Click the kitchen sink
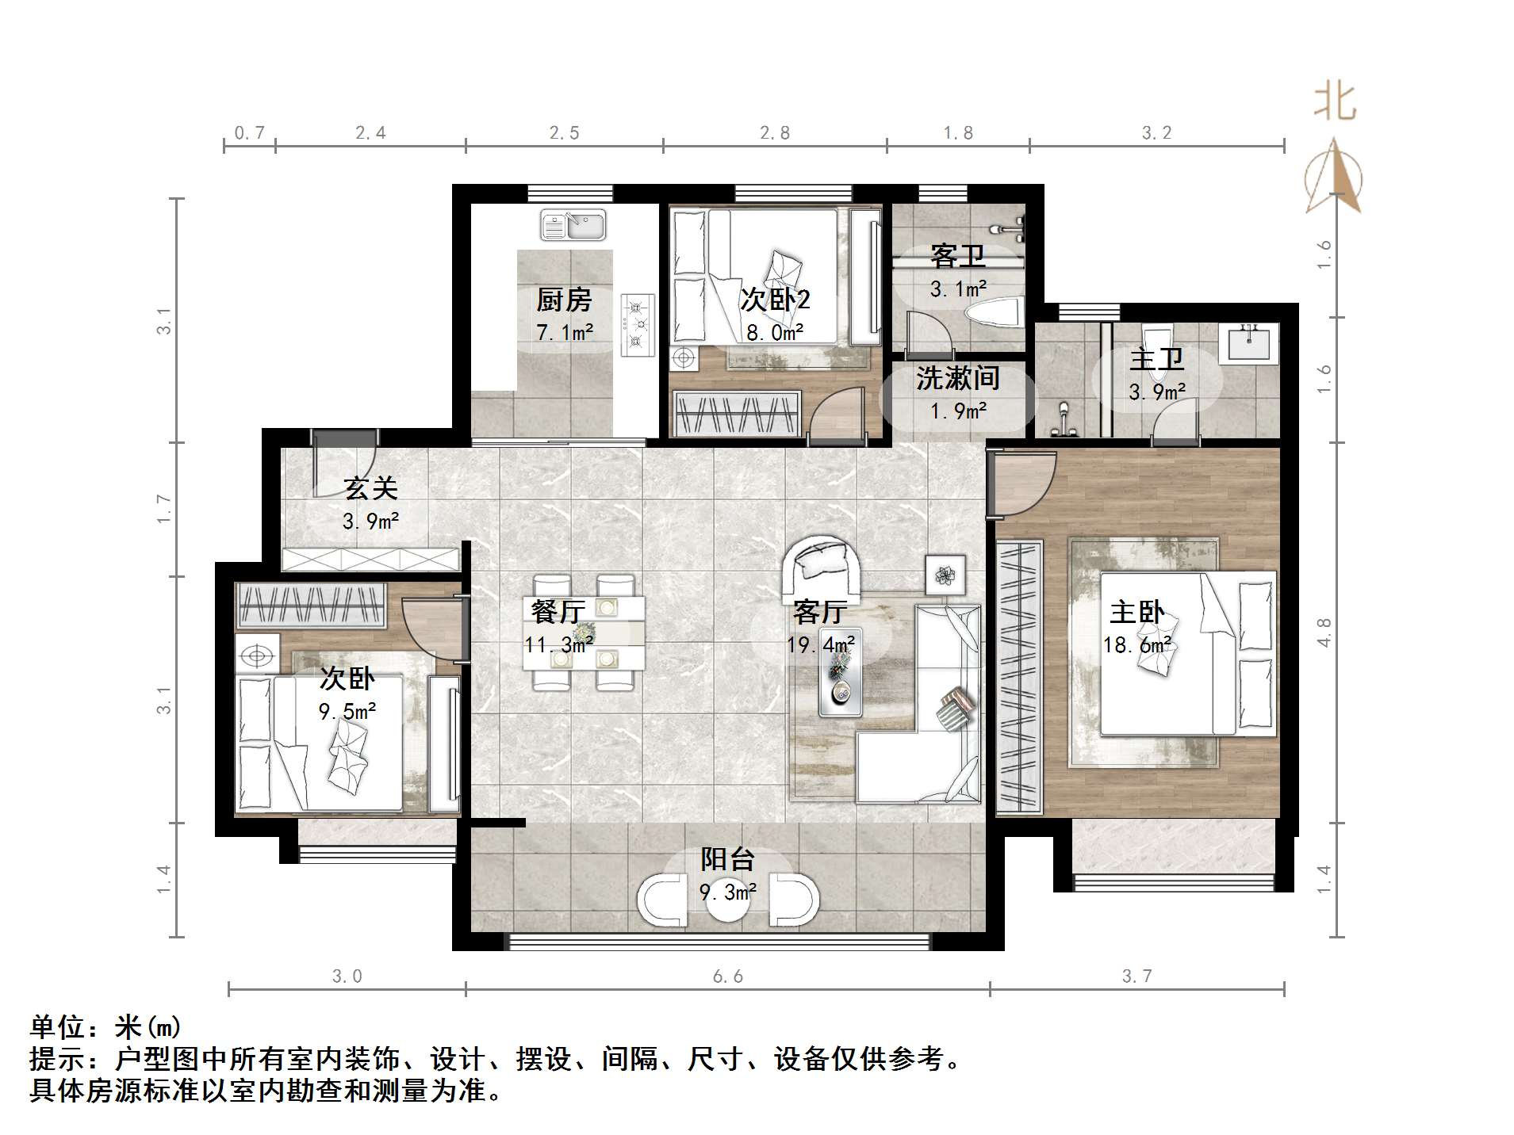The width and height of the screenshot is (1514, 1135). point(573,224)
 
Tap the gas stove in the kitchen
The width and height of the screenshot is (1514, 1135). point(637,324)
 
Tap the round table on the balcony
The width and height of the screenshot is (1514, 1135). point(727,901)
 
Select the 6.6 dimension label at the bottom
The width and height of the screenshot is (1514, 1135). point(727,976)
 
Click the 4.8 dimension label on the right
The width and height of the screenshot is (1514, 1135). point(1324,632)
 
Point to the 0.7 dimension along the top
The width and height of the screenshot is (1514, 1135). point(249,133)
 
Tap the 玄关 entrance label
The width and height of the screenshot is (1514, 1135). point(370,488)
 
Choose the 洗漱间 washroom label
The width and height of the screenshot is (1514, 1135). point(957,378)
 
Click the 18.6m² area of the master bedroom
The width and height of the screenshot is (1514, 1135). point(1137,645)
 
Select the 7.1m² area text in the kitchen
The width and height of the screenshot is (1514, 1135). point(565,332)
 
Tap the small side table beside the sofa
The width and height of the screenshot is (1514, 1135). point(945,575)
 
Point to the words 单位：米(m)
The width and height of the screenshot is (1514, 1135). point(105,1027)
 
